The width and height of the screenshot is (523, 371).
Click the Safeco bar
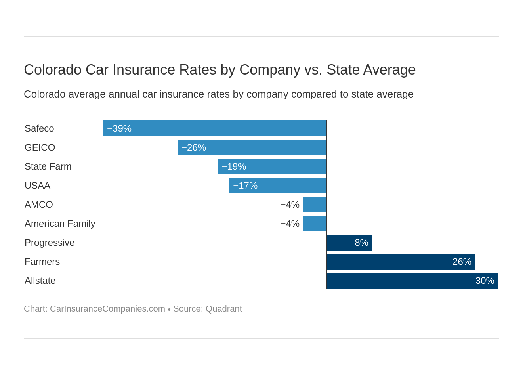click(215, 128)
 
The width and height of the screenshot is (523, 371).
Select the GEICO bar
click(252, 147)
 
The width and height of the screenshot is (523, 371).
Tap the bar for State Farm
click(272, 166)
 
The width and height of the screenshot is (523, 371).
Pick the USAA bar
click(278, 185)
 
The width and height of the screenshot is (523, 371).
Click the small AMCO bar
click(315, 205)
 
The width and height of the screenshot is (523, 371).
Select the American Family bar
click(315, 224)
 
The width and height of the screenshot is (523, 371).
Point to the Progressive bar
click(349, 243)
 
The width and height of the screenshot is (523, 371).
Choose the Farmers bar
click(401, 262)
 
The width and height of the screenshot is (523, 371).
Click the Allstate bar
click(412, 281)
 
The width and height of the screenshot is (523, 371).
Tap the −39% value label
click(119, 128)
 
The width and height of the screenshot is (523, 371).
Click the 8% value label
click(361, 243)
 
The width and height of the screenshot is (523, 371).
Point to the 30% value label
click(485, 281)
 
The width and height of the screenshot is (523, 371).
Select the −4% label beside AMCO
click(290, 205)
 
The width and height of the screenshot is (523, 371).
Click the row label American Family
click(60, 224)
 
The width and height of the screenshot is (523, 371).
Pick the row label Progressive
click(50, 243)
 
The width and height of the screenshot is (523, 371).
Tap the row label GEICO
click(40, 147)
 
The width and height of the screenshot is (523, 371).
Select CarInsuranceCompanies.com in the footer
click(107, 309)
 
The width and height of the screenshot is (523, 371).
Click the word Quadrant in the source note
click(223, 309)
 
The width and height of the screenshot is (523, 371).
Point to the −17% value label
click(245, 185)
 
